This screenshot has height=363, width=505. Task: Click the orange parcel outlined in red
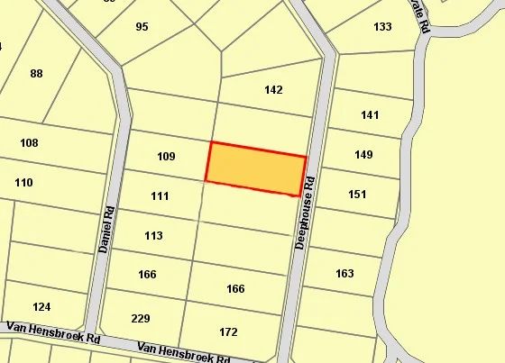pos(257,168)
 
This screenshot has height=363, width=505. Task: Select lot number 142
pos(274,90)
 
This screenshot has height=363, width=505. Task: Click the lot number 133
pos(382,27)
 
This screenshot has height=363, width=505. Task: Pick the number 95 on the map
pos(142,27)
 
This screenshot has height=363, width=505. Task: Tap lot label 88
pos(36,74)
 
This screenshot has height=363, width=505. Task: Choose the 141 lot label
pos(370,115)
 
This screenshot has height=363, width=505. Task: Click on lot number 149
pos(363,155)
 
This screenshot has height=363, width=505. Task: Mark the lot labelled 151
pos(357,195)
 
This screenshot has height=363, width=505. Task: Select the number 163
pos(344,274)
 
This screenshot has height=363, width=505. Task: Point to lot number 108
pos(29,143)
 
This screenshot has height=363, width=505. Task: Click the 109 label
pos(166,157)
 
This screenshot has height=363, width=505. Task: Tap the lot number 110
pos(23,183)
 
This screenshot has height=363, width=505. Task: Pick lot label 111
pos(160,196)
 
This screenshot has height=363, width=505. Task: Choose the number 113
pos(153,236)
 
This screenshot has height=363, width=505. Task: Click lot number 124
pos(41,307)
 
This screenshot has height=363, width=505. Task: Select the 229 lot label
pos(141,319)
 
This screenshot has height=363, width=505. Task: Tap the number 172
pos(229,332)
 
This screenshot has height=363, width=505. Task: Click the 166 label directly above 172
pos(235,289)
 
